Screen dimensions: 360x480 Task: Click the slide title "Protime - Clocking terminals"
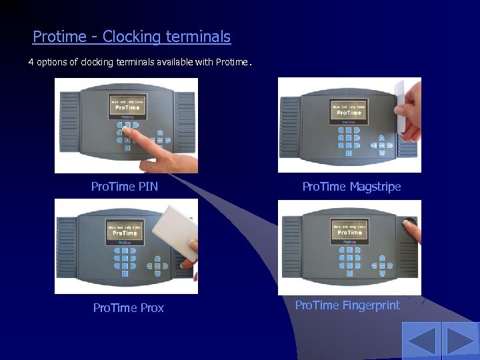point(131,37)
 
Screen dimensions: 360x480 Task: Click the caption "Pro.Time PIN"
point(125,187)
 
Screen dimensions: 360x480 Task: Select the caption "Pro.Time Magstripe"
point(351,187)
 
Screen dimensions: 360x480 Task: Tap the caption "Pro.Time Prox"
point(128,308)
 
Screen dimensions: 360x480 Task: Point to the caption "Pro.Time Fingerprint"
point(347,305)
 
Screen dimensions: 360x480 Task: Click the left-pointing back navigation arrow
point(421,341)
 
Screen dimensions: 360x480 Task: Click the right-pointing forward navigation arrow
point(461,341)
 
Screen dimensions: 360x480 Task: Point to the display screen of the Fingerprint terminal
point(349,231)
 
